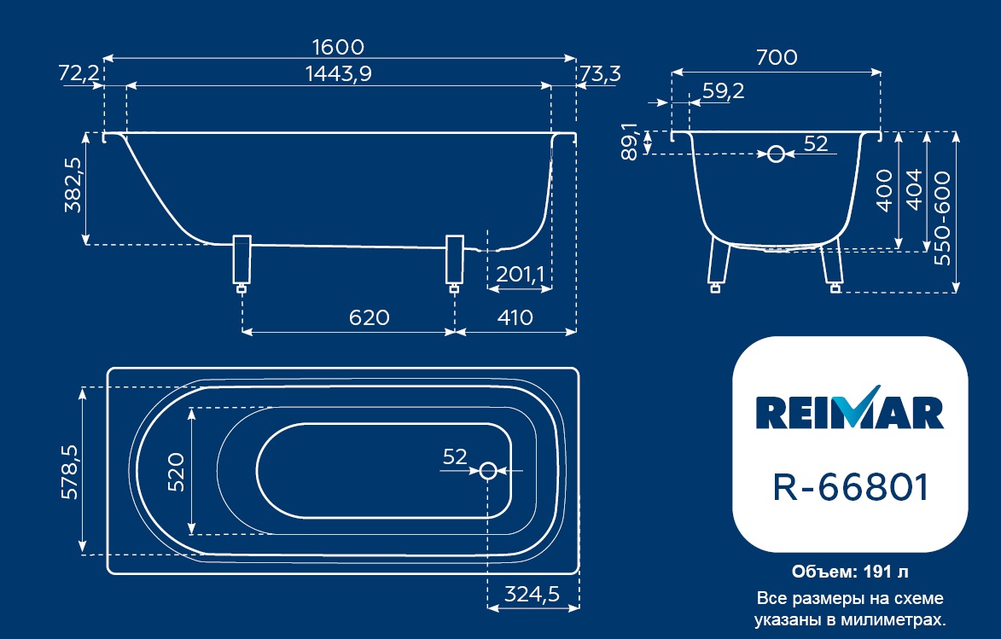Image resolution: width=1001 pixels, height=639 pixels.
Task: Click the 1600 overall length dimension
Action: (338, 47)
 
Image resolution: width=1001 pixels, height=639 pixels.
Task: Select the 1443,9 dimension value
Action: (338, 73)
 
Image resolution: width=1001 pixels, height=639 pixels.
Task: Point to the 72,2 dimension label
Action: (79, 73)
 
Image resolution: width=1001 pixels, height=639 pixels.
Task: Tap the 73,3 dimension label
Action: (600, 73)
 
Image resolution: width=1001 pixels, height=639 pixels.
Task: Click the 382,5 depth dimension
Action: (73, 185)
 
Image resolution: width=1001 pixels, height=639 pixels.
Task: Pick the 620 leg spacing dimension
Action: (369, 317)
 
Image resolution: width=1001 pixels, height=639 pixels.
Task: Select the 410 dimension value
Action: (515, 317)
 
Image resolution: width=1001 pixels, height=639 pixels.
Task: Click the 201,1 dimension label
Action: (521, 274)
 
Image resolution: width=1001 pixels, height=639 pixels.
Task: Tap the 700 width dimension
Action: (777, 57)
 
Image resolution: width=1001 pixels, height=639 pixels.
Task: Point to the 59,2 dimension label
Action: (724, 90)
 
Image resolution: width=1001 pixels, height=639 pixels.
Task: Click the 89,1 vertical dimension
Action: (629, 142)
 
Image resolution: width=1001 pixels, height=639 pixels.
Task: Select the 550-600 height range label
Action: (942, 218)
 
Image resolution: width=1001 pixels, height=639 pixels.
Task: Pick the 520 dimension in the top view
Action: (176, 472)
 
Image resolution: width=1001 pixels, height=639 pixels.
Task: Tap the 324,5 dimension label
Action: (532, 595)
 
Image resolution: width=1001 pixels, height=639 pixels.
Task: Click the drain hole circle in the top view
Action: (488, 471)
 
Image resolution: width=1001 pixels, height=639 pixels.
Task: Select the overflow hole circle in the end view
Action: (776, 154)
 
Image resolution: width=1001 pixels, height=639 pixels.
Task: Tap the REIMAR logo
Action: (850, 410)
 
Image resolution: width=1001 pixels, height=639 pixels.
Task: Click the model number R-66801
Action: (850, 487)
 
